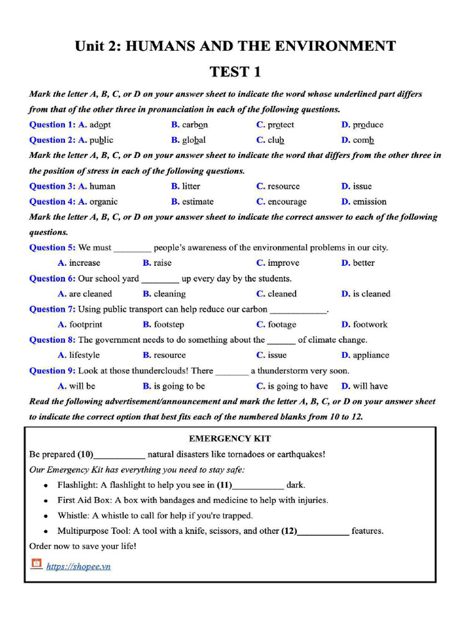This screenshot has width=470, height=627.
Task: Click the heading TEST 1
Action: pyautogui.click(x=235, y=72)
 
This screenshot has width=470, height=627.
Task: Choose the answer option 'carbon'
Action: pyautogui.click(x=195, y=124)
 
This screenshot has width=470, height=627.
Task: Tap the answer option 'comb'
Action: pyautogui.click(x=363, y=140)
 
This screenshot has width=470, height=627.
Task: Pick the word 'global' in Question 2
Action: pyautogui.click(x=193, y=140)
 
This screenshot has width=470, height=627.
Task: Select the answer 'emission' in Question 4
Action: pyautogui.click(x=369, y=201)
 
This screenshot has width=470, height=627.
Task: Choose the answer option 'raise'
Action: pyautogui.click(x=162, y=263)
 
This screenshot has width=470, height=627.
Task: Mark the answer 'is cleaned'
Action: pyautogui.click(x=371, y=294)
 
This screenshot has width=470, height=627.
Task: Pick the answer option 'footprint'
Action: pyautogui.click(x=86, y=325)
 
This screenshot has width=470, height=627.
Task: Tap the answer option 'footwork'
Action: pyautogui.click(x=370, y=325)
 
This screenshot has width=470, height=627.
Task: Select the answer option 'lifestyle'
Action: pyautogui.click(x=84, y=355)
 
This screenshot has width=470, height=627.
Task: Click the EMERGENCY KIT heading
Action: pyautogui.click(x=229, y=438)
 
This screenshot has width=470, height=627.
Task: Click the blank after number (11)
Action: pyautogui.click(x=258, y=486)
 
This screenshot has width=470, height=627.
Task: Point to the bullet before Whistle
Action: pyautogui.click(x=46, y=516)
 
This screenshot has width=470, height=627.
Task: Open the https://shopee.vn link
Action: pyautogui.click(x=78, y=566)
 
